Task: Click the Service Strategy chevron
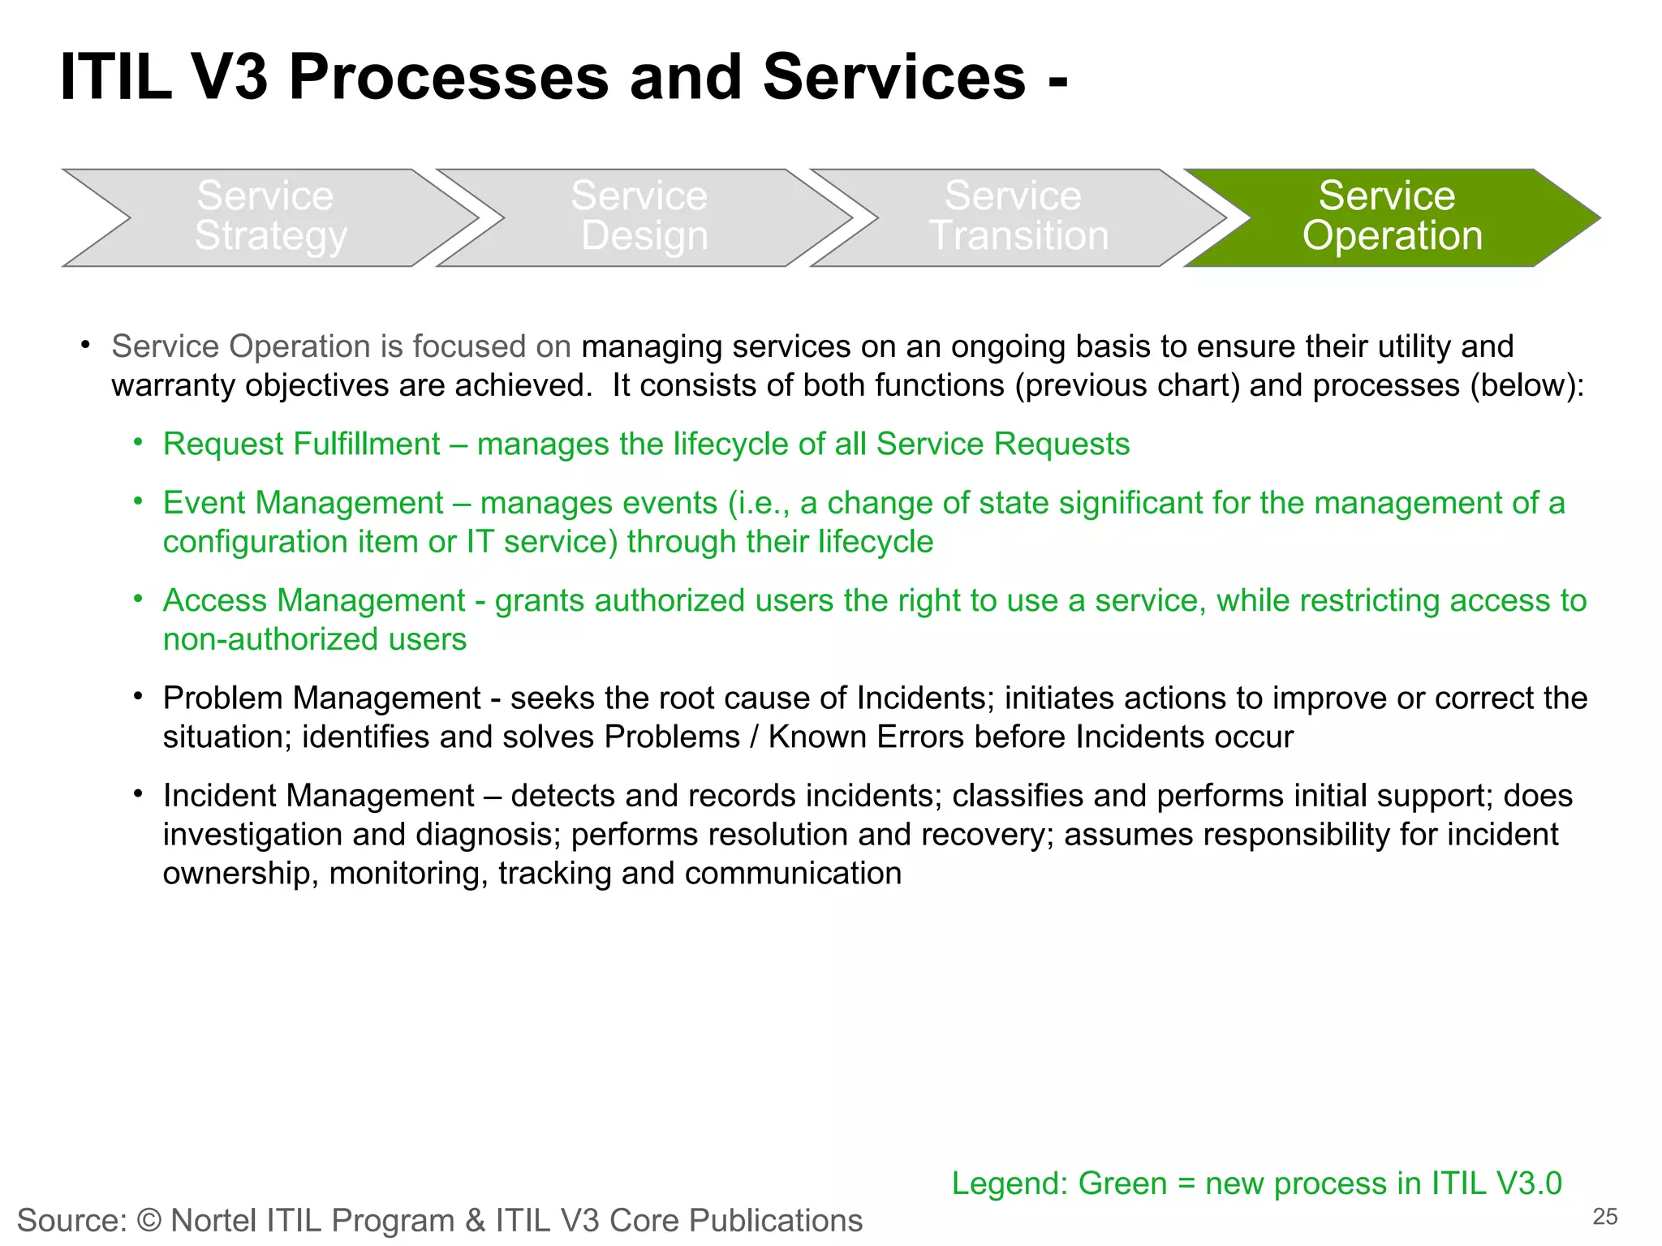(271, 217)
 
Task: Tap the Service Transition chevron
(1018, 217)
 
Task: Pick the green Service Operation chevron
(1391, 217)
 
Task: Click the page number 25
(1604, 1217)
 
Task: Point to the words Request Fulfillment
(301, 445)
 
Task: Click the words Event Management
(303, 503)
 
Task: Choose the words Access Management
(314, 601)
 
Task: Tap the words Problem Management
(321, 698)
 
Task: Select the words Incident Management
(318, 796)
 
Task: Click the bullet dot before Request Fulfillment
(139, 443)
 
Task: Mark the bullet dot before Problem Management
(139, 697)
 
